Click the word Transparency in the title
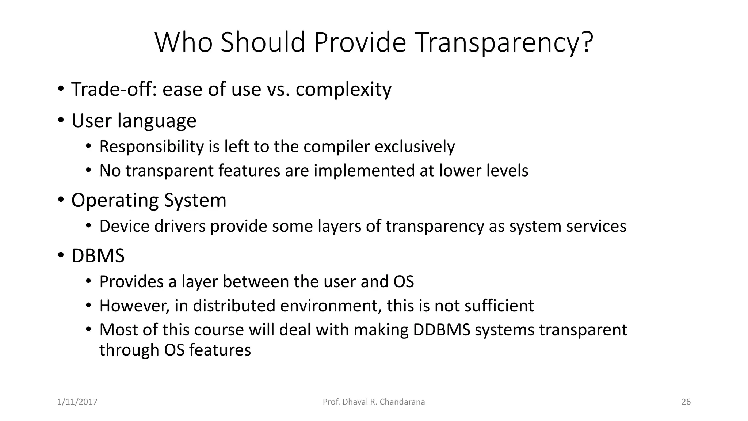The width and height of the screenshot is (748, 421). (504, 43)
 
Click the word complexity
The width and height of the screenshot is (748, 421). (343, 89)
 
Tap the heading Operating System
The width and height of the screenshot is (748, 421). (149, 201)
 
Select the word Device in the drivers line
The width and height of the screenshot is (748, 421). (124, 226)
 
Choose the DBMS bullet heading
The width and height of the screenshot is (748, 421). (98, 256)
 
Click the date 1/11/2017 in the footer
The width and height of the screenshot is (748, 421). (77, 402)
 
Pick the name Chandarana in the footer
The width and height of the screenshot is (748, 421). (402, 402)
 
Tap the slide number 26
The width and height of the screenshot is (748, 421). (686, 402)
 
